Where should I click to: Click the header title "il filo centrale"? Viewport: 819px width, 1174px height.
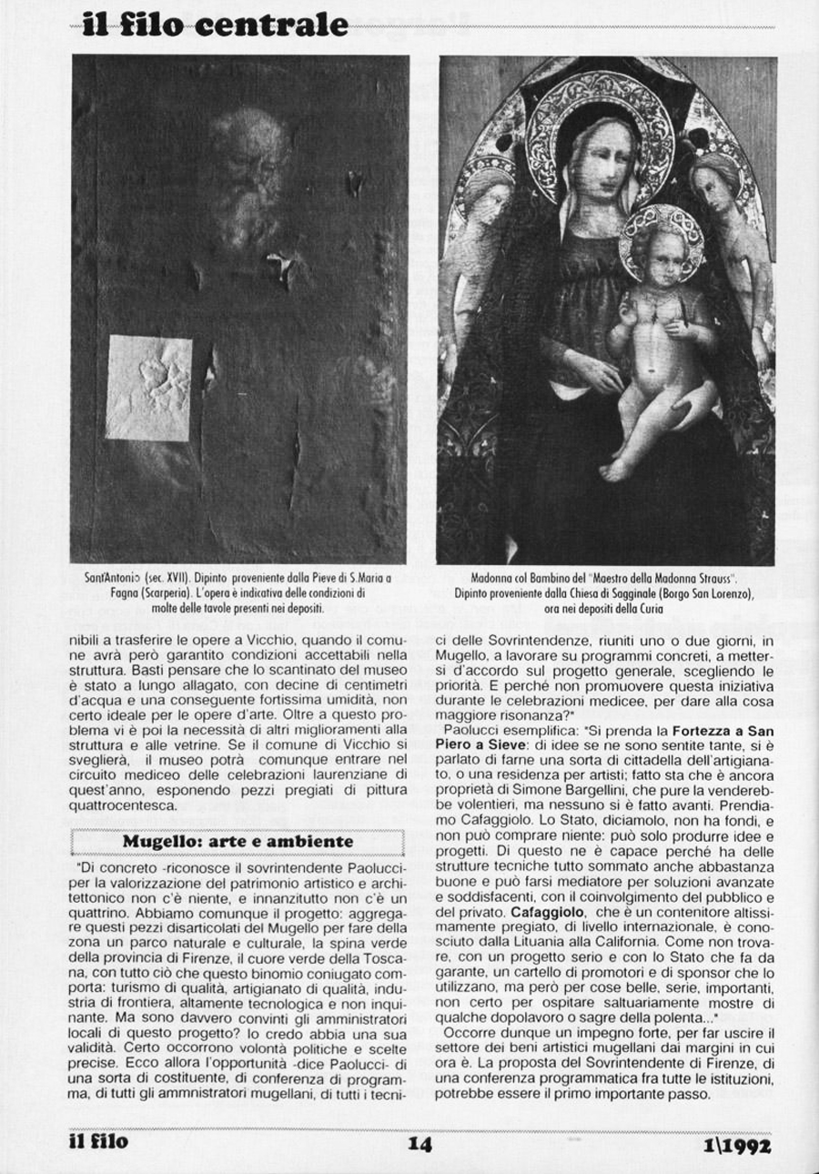pos(214,24)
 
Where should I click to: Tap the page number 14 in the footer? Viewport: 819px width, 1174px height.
pos(419,1143)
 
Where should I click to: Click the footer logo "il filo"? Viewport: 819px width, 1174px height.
pos(99,1141)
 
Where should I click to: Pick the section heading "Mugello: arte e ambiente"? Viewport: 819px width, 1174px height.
pos(238,842)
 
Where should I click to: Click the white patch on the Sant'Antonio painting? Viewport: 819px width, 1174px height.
pos(150,388)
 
